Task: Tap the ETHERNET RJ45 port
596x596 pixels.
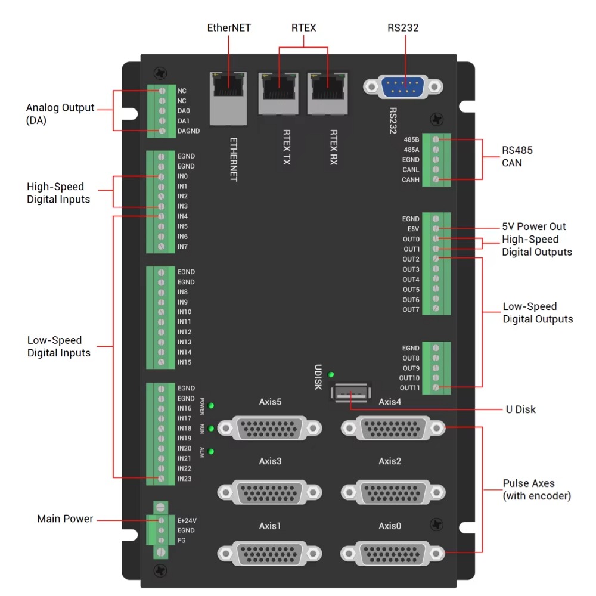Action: pos(228,97)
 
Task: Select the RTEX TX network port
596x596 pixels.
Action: pos(278,93)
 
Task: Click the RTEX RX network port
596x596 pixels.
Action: pos(327,93)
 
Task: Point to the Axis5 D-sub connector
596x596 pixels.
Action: pos(269,427)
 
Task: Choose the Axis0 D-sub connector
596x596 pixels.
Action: pos(393,553)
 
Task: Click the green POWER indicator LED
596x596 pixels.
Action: pos(211,406)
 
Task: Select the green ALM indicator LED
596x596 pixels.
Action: pos(211,451)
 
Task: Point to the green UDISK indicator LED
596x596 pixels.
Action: pos(331,374)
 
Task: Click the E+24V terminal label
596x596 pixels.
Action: pos(186,520)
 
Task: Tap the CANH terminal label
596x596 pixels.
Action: pos(411,179)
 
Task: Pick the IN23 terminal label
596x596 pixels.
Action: pos(184,478)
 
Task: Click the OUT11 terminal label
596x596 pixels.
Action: pos(409,388)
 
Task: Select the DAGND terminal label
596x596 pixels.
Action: pos(188,131)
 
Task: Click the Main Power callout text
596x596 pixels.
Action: pos(65,519)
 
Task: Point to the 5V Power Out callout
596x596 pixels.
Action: pos(534,226)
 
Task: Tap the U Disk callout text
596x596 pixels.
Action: pos(520,409)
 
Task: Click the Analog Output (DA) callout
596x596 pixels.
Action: pos(60,114)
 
